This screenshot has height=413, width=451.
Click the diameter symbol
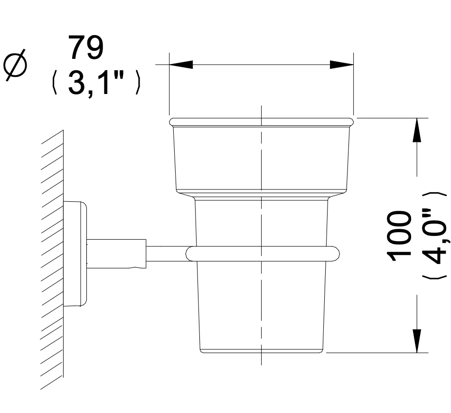pos(15,64)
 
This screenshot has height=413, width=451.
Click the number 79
pos(86,48)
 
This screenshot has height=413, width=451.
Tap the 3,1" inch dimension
pos(96,83)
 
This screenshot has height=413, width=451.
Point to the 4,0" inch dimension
pos(434,236)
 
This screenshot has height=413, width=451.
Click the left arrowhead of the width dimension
pos(181,65)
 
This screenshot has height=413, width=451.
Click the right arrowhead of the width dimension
pos(342,65)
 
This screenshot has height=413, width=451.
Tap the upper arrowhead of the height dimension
pos(417,130)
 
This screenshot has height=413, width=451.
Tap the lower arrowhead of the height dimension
pos(417,341)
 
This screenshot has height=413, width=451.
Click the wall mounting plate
pos(75,253)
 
